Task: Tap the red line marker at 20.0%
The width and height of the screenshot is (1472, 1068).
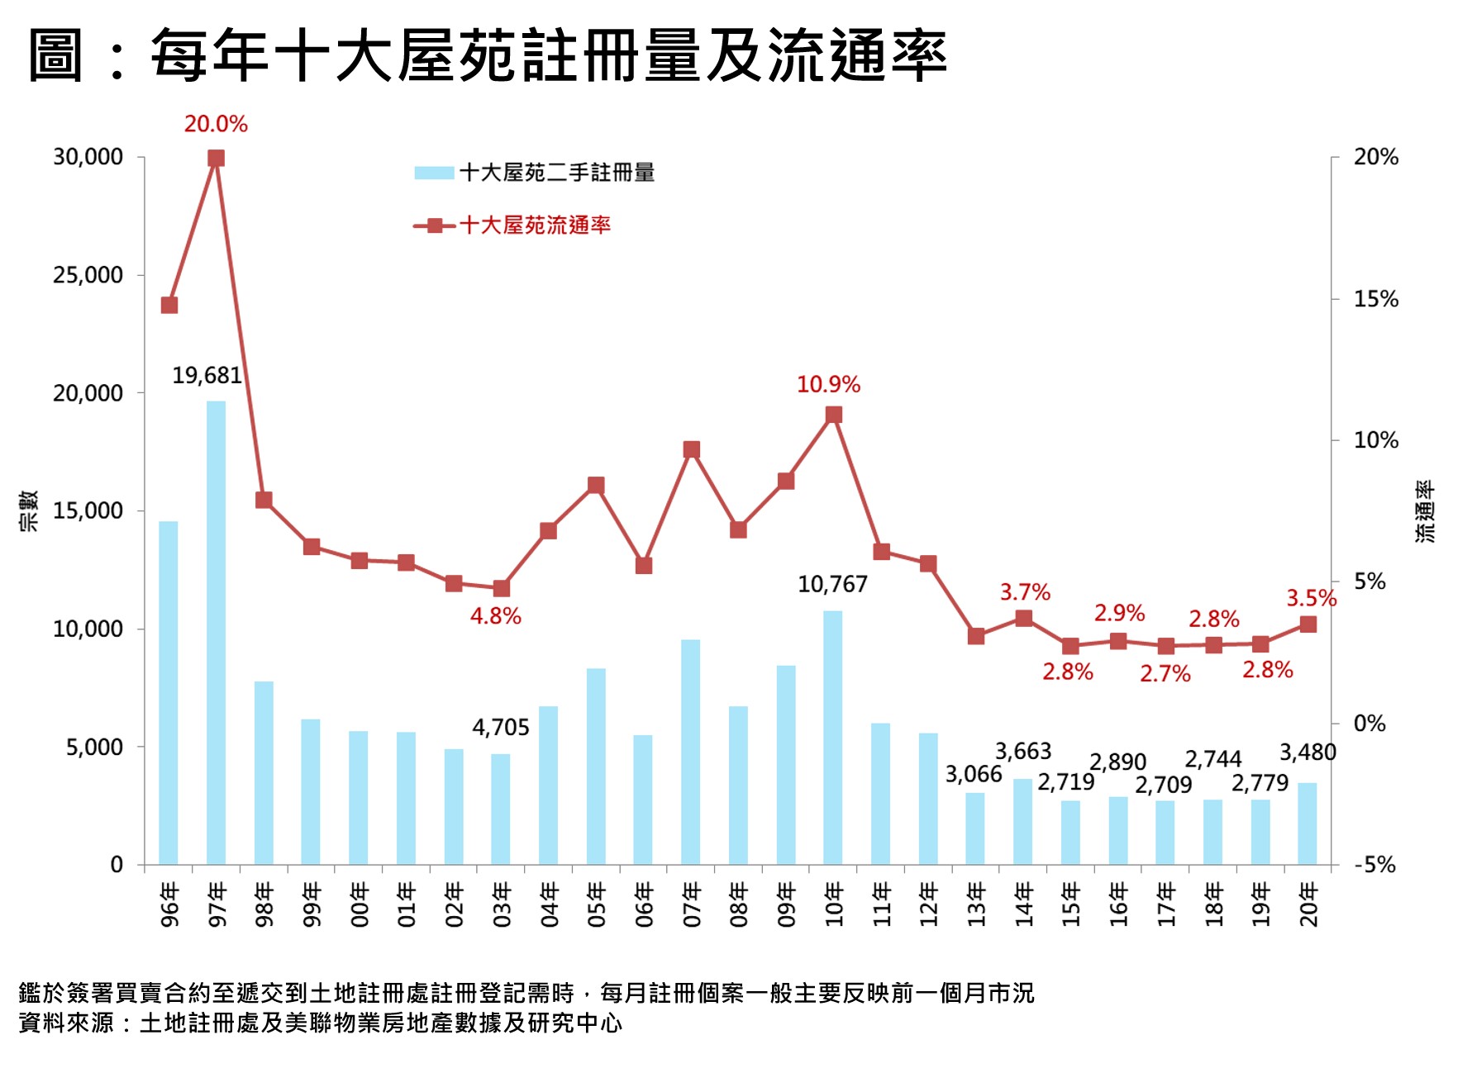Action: (216, 158)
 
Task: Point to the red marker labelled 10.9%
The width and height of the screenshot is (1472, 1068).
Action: (833, 415)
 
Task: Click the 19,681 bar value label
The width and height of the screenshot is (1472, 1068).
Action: (207, 376)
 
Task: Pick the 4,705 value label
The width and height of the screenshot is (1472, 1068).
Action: (500, 727)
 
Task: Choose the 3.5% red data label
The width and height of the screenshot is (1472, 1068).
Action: (1311, 598)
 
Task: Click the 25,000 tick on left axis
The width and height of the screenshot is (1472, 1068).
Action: (88, 275)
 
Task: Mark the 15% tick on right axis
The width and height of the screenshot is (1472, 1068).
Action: (1375, 299)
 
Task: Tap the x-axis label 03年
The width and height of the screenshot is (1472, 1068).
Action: (501, 904)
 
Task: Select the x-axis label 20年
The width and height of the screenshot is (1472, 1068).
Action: (1308, 904)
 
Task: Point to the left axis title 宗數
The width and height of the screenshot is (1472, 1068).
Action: (28, 510)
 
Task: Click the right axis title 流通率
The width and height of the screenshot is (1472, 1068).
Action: (1425, 510)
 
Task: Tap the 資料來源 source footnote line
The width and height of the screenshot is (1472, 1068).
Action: (320, 1023)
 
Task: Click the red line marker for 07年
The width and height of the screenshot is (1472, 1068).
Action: (691, 450)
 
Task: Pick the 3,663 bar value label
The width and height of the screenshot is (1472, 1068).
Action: (1022, 752)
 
